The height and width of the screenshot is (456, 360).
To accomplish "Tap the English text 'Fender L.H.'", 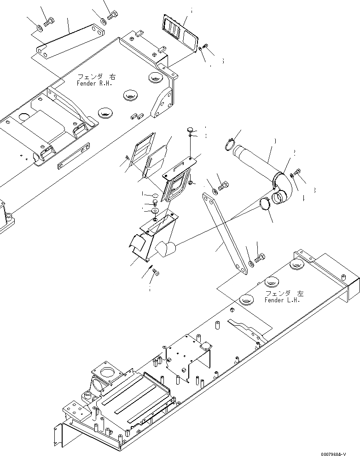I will pyautogui.click(x=282, y=300).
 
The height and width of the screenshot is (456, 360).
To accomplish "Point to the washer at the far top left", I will pyautogui.click(x=40, y=30).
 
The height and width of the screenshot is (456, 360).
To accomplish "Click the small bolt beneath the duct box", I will pyautogui.click(x=156, y=273).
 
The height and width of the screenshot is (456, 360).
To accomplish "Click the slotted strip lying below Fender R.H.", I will pyautogui.click(x=74, y=157).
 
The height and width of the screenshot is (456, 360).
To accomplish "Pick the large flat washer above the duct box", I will pyautogui.click(x=155, y=210).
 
